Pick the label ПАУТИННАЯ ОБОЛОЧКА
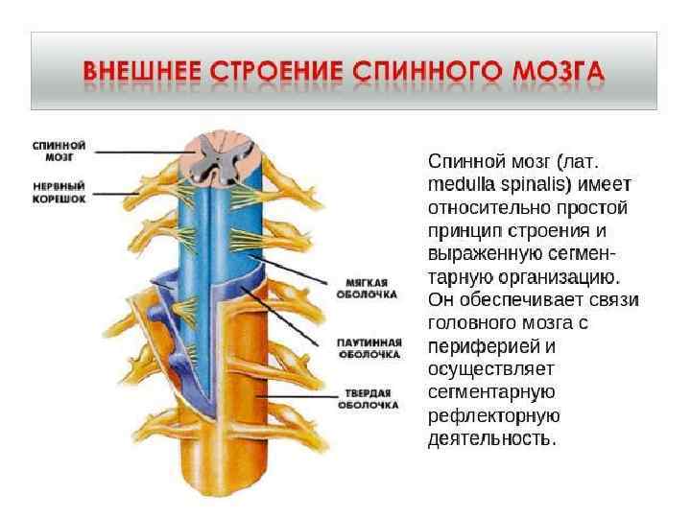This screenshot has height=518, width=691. click(x=368, y=347)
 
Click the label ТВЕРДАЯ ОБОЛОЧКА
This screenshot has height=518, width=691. click(x=367, y=399)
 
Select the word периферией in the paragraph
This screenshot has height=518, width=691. click(x=479, y=346)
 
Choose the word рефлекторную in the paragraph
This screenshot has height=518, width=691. click(x=493, y=416)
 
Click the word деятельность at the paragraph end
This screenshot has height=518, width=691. click(x=490, y=439)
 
